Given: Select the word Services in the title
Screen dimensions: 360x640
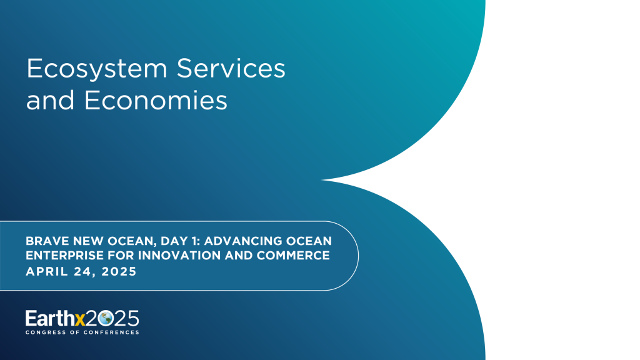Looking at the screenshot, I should pos(231,69).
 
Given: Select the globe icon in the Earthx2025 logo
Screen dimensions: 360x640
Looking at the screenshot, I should pos(105,318).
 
